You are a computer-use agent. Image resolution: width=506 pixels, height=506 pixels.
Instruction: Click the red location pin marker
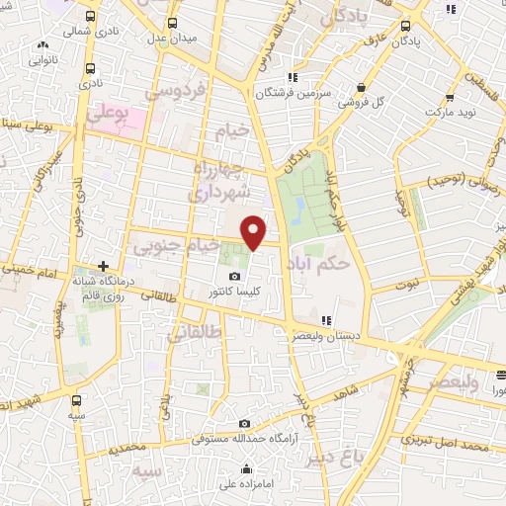click(255, 232)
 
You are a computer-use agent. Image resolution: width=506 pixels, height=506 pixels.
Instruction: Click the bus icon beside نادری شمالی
click(91, 18)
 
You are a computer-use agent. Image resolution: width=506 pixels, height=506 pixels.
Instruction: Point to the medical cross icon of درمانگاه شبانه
click(103, 266)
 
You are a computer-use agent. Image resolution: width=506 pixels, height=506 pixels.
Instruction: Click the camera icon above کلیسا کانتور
click(234, 277)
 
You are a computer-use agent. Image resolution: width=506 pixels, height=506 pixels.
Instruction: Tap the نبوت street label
click(404, 283)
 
